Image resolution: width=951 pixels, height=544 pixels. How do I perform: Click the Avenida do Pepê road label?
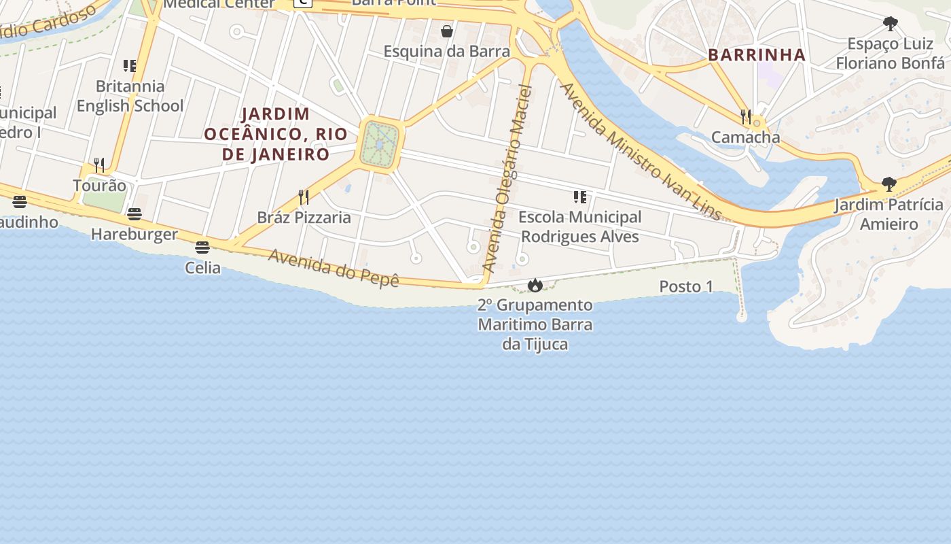point(333,268)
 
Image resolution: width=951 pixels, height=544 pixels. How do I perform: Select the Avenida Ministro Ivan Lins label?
point(639,151)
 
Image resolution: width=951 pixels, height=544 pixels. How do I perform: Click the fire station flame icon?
point(535,286)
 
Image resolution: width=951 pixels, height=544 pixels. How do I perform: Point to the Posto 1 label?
point(686,287)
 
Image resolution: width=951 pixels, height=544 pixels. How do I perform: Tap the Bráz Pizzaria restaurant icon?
point(304,197)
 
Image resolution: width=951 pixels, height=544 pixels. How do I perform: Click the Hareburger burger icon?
point(134,214)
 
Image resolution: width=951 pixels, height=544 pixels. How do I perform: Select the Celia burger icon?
point(202,248)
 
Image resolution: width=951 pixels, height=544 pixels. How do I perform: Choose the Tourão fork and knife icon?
point(99,165)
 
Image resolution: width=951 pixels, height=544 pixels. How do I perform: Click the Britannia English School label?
point(130,96)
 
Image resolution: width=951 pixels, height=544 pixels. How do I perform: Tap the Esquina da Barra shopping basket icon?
point(447,31)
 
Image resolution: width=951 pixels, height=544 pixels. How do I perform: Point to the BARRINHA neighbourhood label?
point(757,55)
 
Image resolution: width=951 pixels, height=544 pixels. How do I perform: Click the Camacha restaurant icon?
point(746,116)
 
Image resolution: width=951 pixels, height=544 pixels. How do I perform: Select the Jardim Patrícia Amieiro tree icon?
point(889,184)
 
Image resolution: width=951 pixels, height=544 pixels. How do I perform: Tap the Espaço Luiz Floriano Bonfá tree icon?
point(890,24)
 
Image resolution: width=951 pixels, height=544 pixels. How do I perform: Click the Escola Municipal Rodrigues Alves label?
point(579,226)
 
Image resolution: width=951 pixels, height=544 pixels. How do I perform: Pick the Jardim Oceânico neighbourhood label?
point(276,134)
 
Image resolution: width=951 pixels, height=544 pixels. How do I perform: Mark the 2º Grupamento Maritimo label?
point(535,324)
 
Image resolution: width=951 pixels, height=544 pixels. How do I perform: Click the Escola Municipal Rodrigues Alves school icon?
point(579,197)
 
